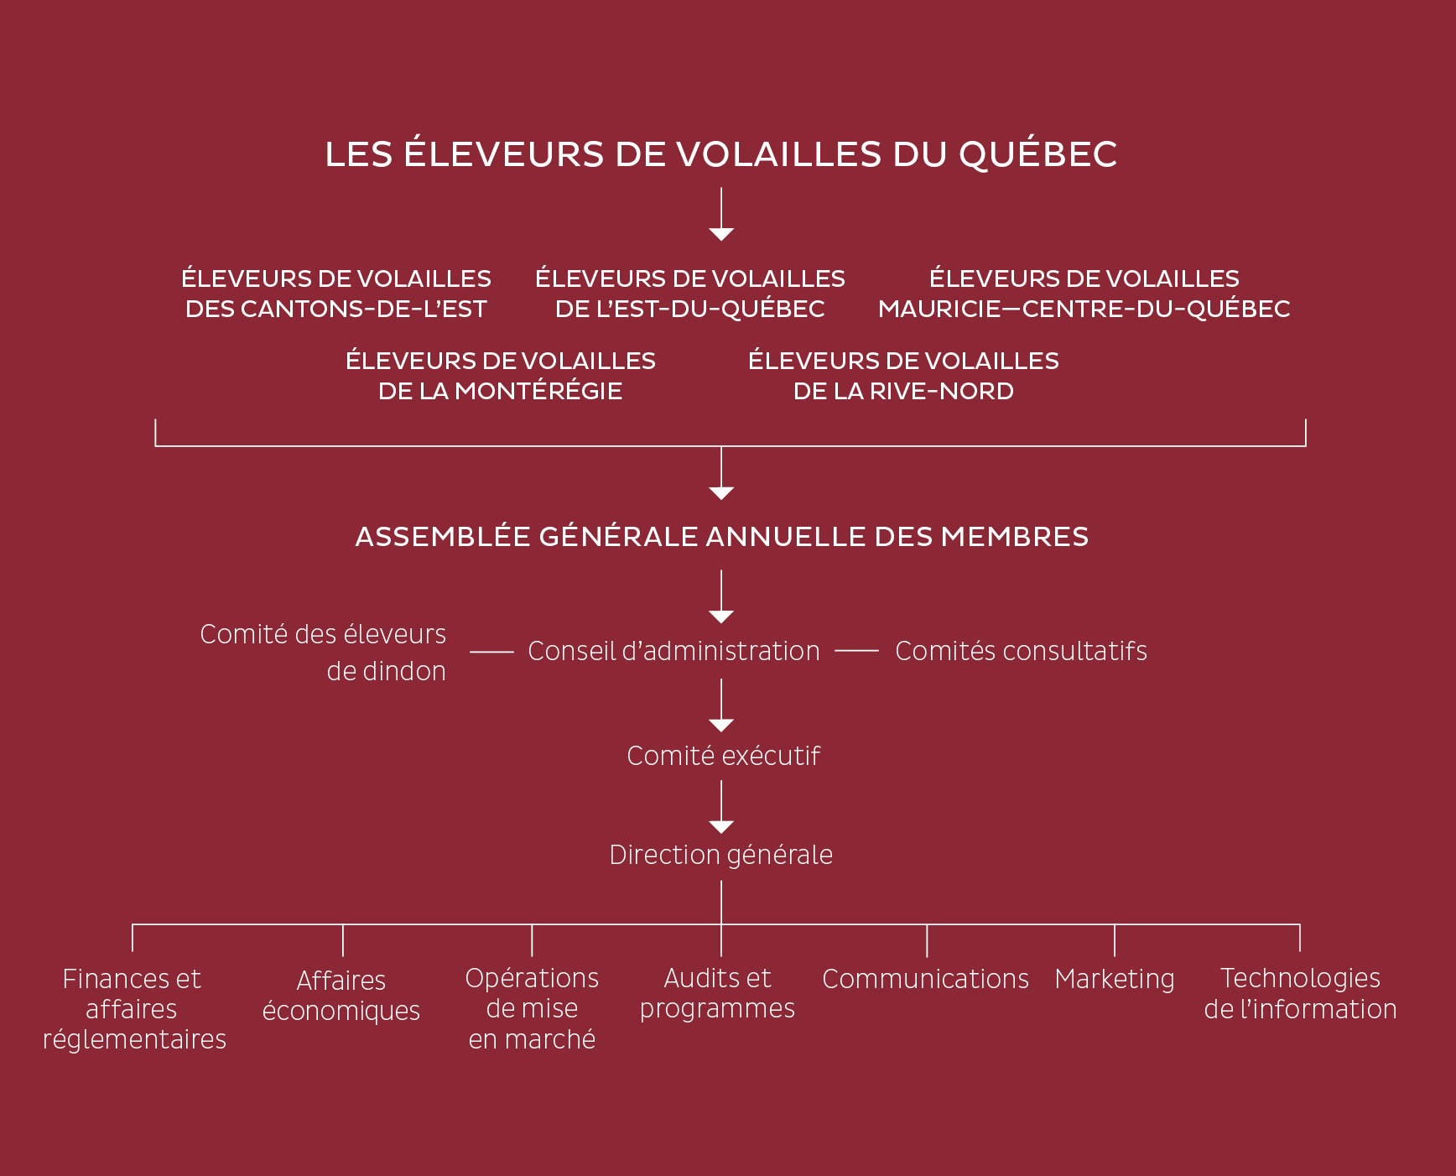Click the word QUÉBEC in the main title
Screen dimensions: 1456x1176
[x=1037, y=154]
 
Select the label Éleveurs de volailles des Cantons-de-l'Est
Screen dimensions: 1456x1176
[x=336, y=294]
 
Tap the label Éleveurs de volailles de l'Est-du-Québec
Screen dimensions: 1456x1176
[x=690, y=294]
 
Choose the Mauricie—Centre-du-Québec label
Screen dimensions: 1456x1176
[x=1084, y=294]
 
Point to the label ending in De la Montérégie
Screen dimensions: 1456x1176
[x=501, y=376]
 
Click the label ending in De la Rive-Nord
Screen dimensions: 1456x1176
[x=903, y=376]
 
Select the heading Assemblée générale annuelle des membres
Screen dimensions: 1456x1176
[x=722, y=536]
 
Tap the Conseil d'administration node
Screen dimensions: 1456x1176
[x=673, y=651]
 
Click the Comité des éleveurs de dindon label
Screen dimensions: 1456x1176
[x=323, y=653]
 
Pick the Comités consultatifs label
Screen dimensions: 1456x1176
[x=1021, y=651]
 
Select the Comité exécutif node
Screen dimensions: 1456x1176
[x=723, y=756]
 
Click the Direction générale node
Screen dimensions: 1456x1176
[x=721, y=855]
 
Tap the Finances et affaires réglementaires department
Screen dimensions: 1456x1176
[x=134, y=1009]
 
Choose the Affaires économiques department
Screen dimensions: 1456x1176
[x=341, y=996]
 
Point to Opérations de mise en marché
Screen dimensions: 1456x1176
[x=532, y=1009]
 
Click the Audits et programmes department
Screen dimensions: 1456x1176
[x=717, y=994]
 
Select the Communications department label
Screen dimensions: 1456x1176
[x=925, y=979]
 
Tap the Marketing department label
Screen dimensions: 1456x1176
[x=1115, y=980]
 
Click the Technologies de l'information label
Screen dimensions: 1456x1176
[x=1301, y=994]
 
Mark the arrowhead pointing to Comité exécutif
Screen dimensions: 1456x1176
[x=721, y=726]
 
